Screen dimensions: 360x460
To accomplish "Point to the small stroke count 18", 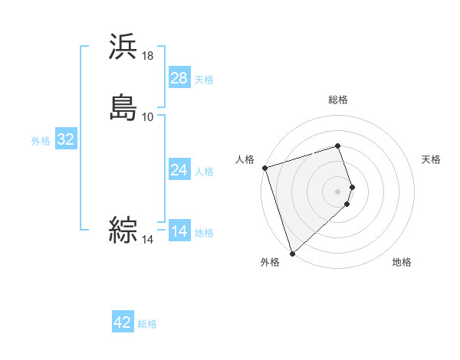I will pyautogui.click(x=148, y=56).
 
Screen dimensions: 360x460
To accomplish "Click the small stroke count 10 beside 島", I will pyautogui.click(x=148, y=116).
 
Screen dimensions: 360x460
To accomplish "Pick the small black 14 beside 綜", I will pyautogui.click(x=148, y=240).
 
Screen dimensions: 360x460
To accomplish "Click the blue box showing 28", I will pyautogui.click(x=179, y=78).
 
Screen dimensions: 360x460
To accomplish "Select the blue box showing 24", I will pyautogui.click(x=179, y=170).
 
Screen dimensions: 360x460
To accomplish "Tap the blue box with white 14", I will pyautogui.click(x=179, y=231).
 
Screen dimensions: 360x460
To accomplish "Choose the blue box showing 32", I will pyautogui.click(x=65, y=139).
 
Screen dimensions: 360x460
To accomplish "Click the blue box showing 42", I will pyautogui.click(x=123, y=322).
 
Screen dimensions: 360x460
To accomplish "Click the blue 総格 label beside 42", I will pyautogui.click(x=147, y=324).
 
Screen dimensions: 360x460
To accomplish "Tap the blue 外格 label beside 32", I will pyautogui.click(x=41, y=141).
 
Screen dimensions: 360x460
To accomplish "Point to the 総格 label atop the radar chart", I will pyautogui.click(x=338, y=100).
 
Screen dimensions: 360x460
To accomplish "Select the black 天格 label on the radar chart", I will pyautogui.click(x=432, y=159).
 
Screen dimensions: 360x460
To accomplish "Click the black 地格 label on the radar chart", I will pyautogui.click(x=402, y=262).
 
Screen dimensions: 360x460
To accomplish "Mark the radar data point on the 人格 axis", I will pyautogui.click(x=264, y=168).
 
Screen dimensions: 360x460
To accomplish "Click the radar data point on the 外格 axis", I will pyautogui.click(x=292, y=253).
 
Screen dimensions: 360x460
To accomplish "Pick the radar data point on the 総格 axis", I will pyautogui.click(x=338, y=146).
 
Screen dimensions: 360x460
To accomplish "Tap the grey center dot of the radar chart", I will pyautogui.click(x=338, y=191).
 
